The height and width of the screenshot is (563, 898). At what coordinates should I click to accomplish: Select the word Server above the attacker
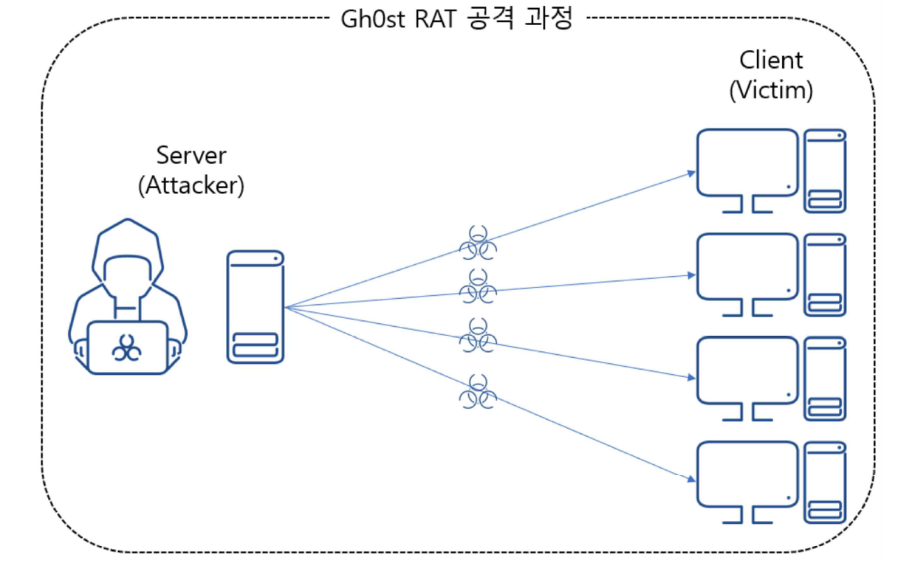[x=191, y=156]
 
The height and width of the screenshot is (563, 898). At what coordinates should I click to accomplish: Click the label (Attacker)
[x=191, y=184]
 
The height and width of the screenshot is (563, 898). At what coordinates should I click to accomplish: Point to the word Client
[x=771, y=60]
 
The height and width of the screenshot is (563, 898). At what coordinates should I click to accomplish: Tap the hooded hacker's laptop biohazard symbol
[x=127, y=348]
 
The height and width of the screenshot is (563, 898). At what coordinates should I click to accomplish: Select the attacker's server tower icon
[x=256, y=306]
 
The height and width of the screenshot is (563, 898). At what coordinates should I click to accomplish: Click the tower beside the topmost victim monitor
[x=826, y=170]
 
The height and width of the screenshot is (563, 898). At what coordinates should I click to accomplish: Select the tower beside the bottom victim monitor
[x=826, y=483]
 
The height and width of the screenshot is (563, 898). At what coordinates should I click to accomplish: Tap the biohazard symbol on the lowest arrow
[x=479, y=393]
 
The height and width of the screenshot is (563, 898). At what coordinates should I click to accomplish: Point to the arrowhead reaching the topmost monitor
[x=691, y=173]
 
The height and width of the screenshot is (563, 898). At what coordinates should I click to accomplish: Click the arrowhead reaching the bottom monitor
[x=691, y=480]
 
